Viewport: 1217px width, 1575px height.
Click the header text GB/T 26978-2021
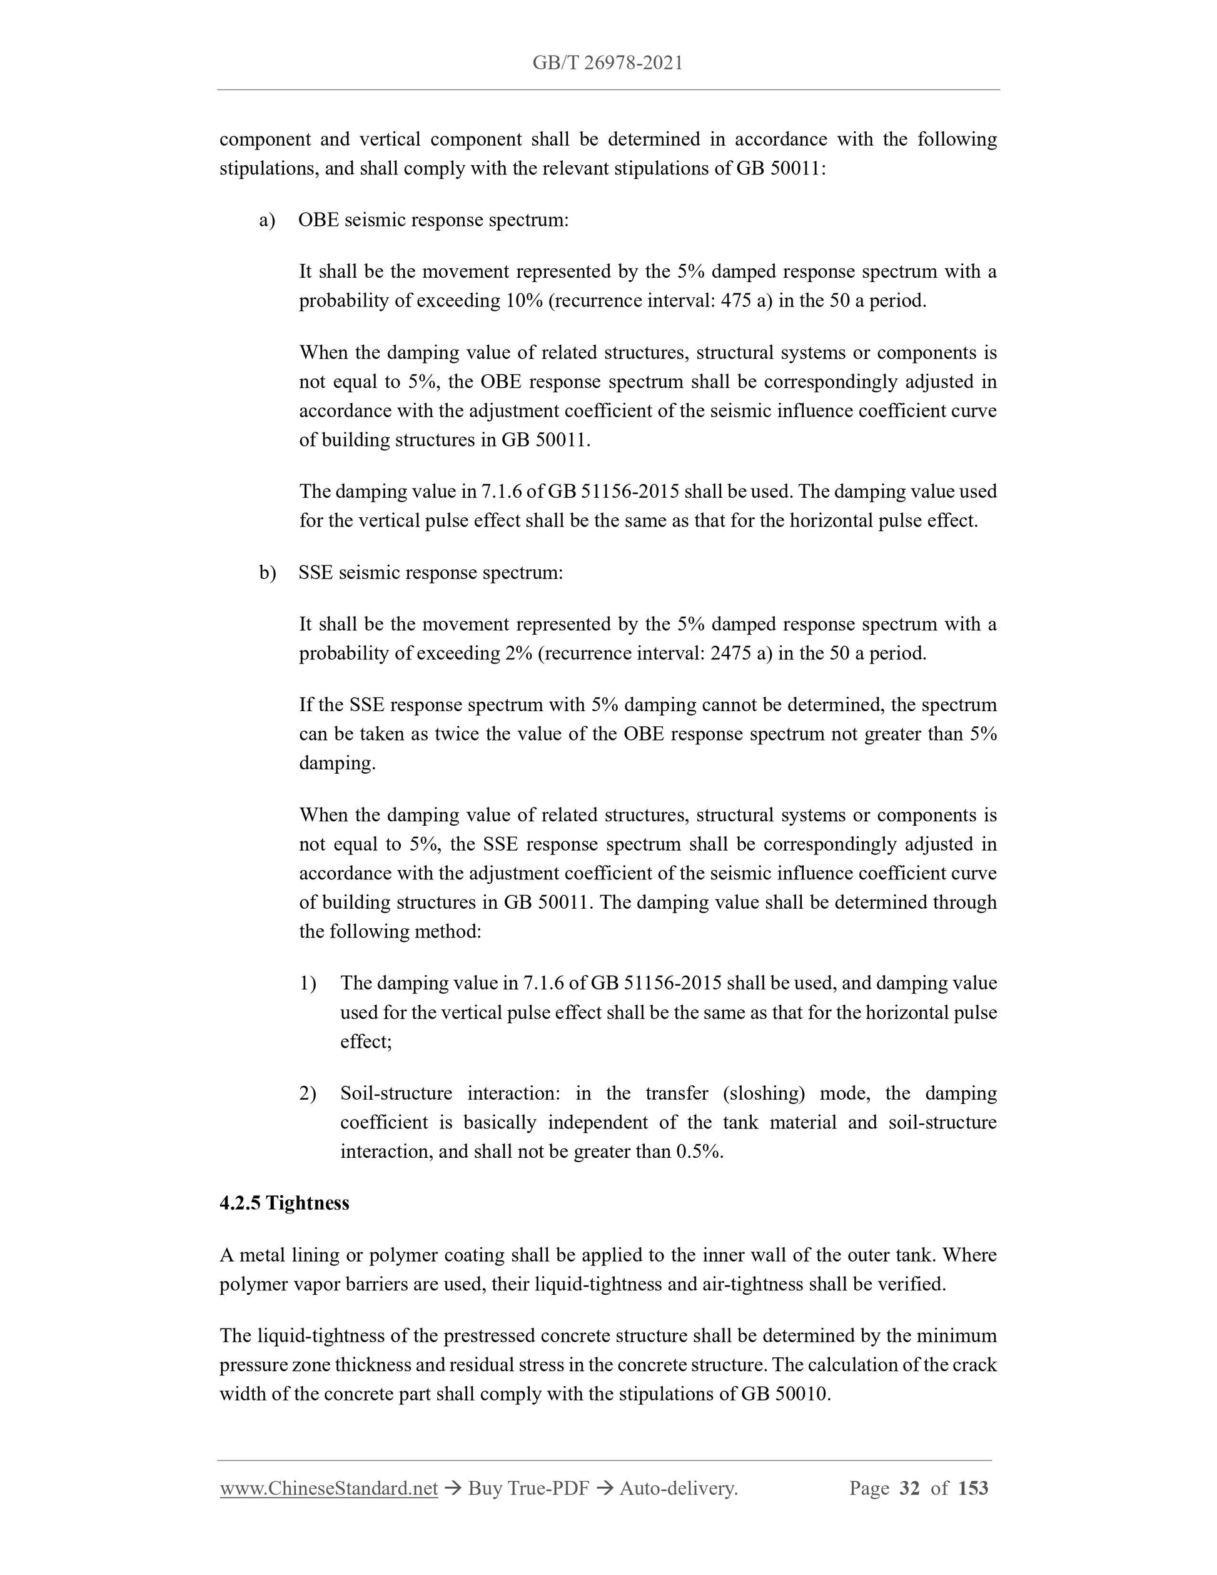click(x=607, y=63)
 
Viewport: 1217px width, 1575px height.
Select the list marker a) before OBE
click(x=267, y=220)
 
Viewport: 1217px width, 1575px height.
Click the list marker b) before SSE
click(x=267, y=572)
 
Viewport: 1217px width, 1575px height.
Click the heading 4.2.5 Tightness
click(x=284, y=1203)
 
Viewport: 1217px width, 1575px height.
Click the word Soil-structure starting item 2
click(x=396, y=1093)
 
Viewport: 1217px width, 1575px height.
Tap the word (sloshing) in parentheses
click(x=763, y=1093)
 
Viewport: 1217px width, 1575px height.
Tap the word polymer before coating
click(x=401, y=1255)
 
